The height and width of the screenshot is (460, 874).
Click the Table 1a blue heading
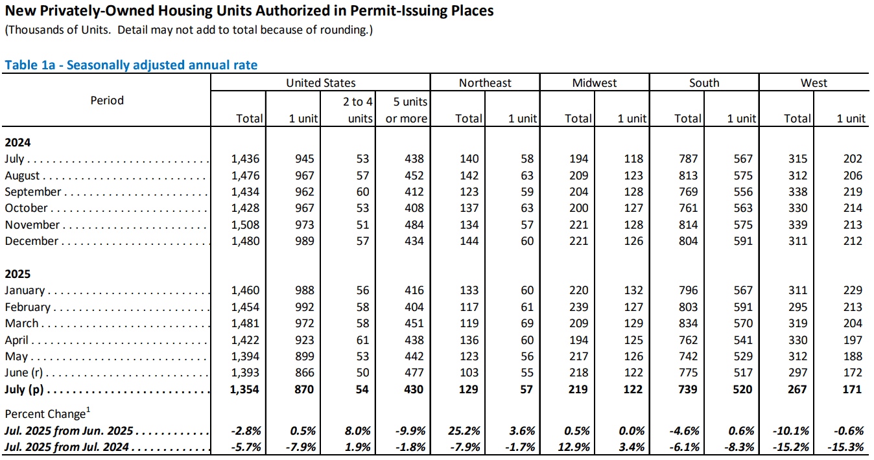[x=131, y=65]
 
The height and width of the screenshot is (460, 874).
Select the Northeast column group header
[x=485, y=83]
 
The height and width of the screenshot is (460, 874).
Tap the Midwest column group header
[x=595, y=83]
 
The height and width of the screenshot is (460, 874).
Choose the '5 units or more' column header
[x=406, y=110]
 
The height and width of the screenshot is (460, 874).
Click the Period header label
[x=107, y=100]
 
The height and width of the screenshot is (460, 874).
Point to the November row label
[x=32, y=225]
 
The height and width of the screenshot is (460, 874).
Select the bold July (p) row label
[x=24, y=389]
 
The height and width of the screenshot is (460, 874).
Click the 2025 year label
[x=18, y=274]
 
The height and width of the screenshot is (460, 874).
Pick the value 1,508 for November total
[x=245, y=225]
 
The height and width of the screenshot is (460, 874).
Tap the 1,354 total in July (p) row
[x=244, y=389]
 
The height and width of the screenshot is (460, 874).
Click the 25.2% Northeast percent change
[x=464, y=431]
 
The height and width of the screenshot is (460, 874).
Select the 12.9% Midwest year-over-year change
[x=573, y=447]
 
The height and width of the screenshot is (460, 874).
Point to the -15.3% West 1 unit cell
[x=845, y=447]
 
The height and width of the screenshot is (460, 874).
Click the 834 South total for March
[x=688, y=323]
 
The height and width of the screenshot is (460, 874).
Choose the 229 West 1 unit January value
[x=853, y=290]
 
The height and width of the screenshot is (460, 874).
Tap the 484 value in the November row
[x=414, y=225]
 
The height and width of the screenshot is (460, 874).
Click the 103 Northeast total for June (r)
[x=469, y=373]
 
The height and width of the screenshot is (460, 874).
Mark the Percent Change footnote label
[x=47, y=413]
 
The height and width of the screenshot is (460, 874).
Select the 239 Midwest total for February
[x=578, y=307]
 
